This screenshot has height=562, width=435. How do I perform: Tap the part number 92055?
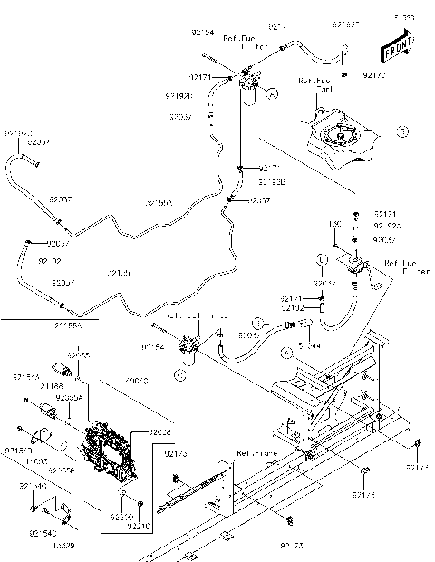coord(79,355)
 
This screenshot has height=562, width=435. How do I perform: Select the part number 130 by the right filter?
coord(333,224)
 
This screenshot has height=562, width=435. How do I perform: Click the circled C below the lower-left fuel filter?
coord(180,374)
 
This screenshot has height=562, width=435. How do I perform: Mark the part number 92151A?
coord(26,375)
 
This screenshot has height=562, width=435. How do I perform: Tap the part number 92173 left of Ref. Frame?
coord(175,451)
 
